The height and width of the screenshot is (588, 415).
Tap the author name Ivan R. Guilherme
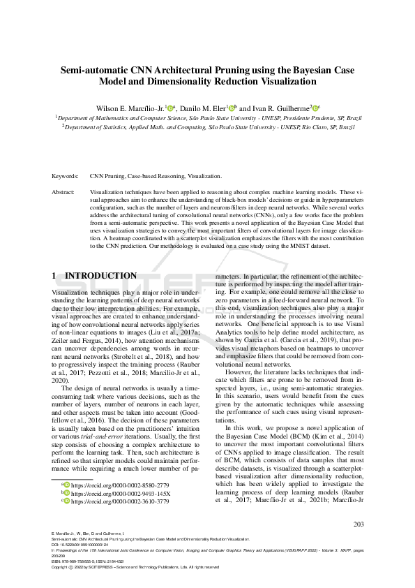[282, 108]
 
